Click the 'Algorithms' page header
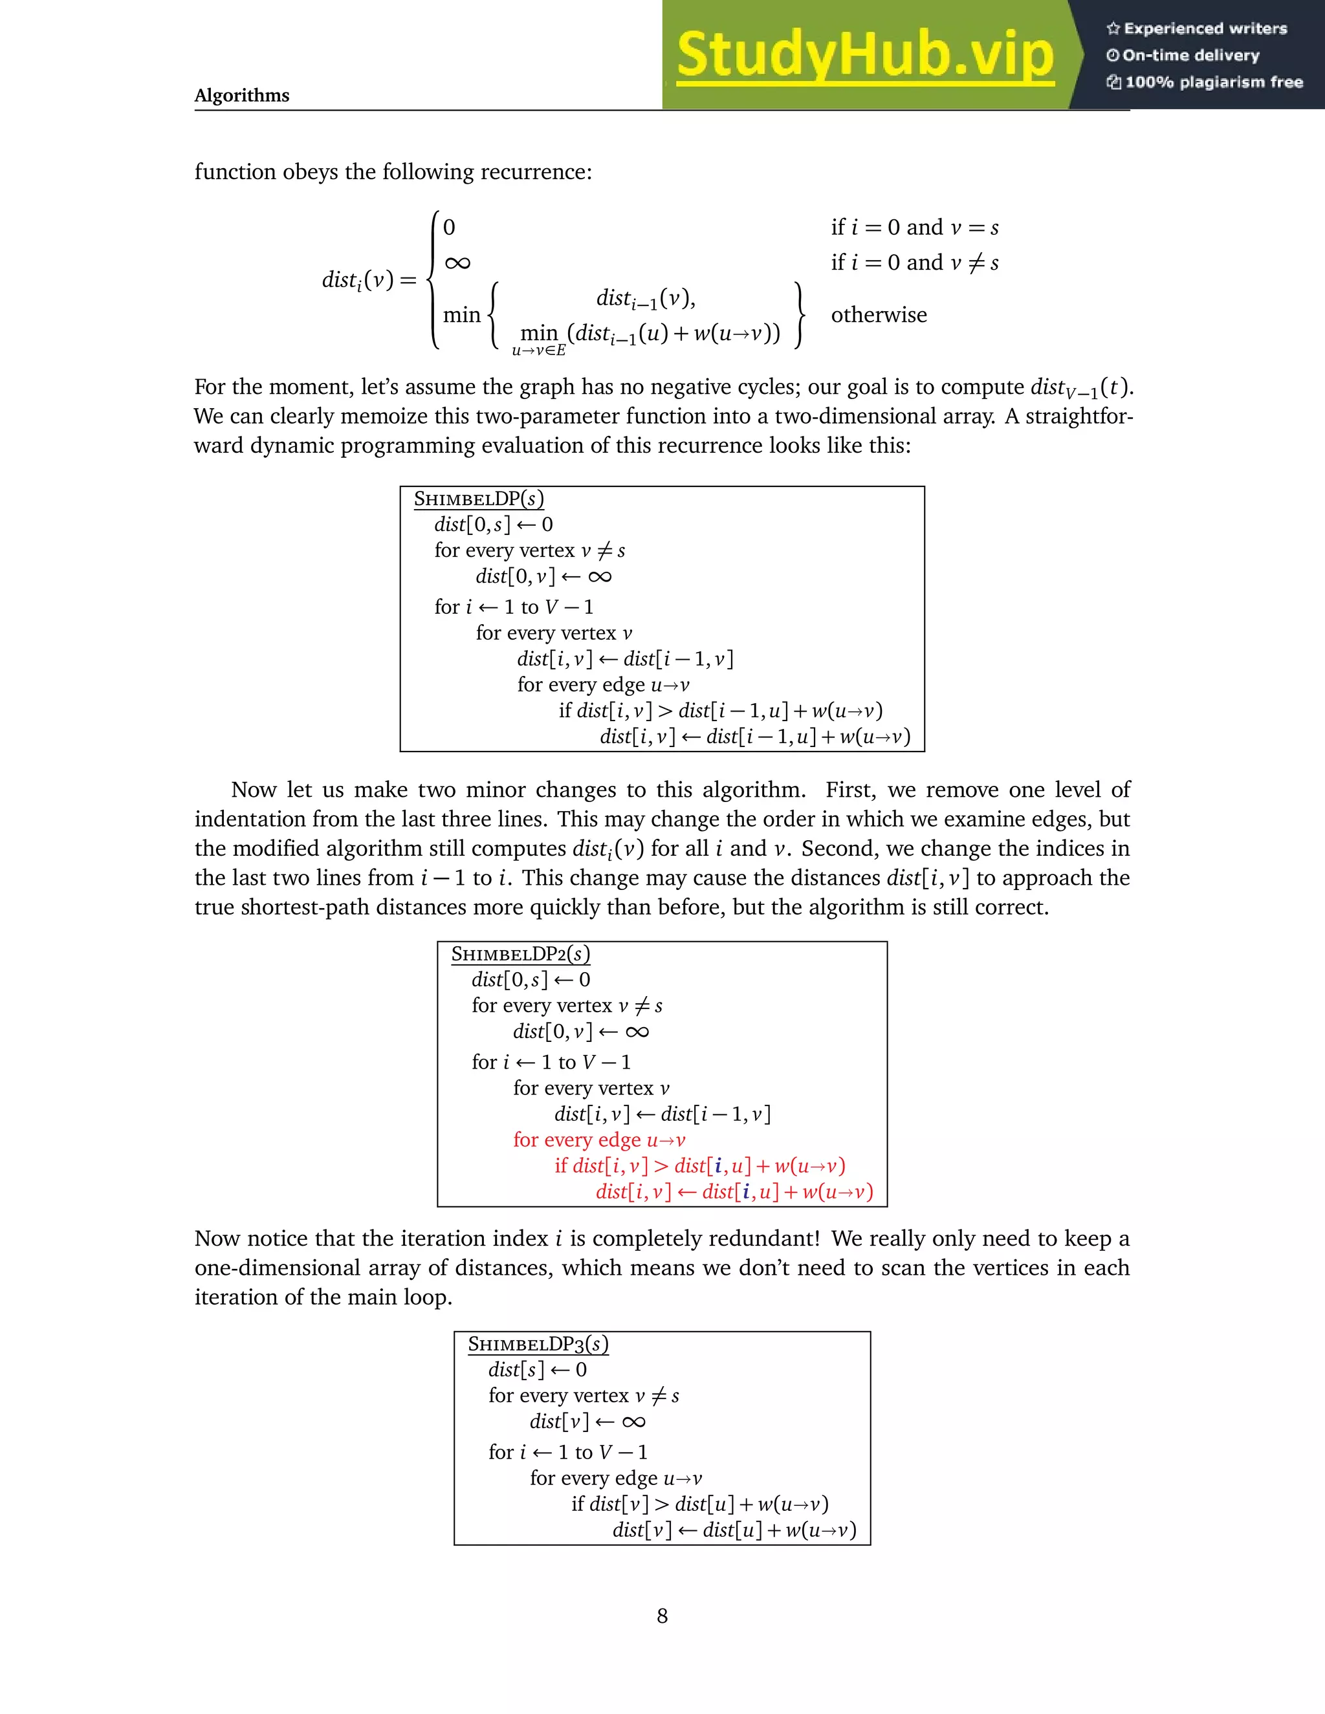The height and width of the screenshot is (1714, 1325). coord(242,96)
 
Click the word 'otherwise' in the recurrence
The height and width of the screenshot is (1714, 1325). coord(879,316)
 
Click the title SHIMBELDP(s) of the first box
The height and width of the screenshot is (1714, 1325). coord(478,499)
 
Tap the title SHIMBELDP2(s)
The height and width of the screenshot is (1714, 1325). coord(520,954)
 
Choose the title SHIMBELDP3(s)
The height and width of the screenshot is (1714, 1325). coord(538,1345)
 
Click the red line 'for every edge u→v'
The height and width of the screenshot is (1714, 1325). coord(599,1140)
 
